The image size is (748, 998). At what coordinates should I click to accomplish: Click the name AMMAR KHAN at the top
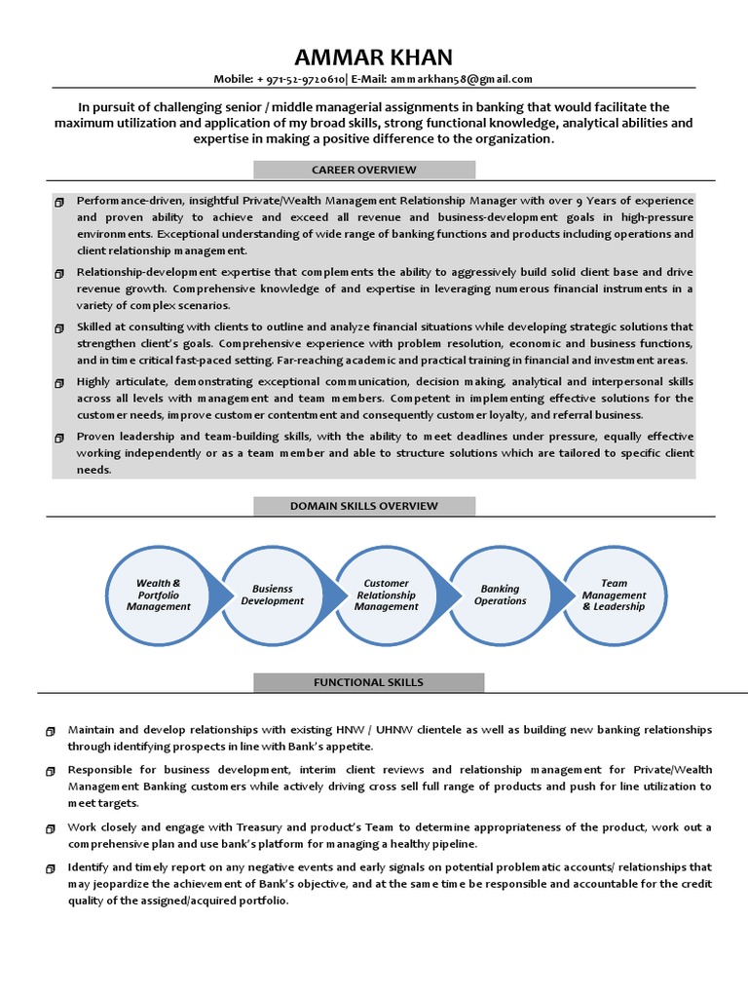(374, 56)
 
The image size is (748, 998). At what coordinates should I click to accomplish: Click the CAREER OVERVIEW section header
(364, 170)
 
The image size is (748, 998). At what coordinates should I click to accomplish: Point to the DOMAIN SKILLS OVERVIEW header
(364, 506)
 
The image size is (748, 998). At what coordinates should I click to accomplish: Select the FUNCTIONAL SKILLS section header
(368, 682)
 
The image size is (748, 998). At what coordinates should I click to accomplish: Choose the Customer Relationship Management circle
(386, 595)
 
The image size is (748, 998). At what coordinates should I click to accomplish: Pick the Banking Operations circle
(500, 595)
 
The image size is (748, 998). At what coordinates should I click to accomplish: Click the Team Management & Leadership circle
(614, 595)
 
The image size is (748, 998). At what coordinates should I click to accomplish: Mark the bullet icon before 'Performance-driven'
(59, 200)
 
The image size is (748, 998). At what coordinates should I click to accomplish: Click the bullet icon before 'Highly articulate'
(59, 382)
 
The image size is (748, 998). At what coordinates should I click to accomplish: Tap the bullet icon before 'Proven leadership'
(59, 437)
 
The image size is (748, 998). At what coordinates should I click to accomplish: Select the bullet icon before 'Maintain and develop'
(51, 730)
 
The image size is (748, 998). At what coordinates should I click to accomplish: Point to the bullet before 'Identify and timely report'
(51, 867)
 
